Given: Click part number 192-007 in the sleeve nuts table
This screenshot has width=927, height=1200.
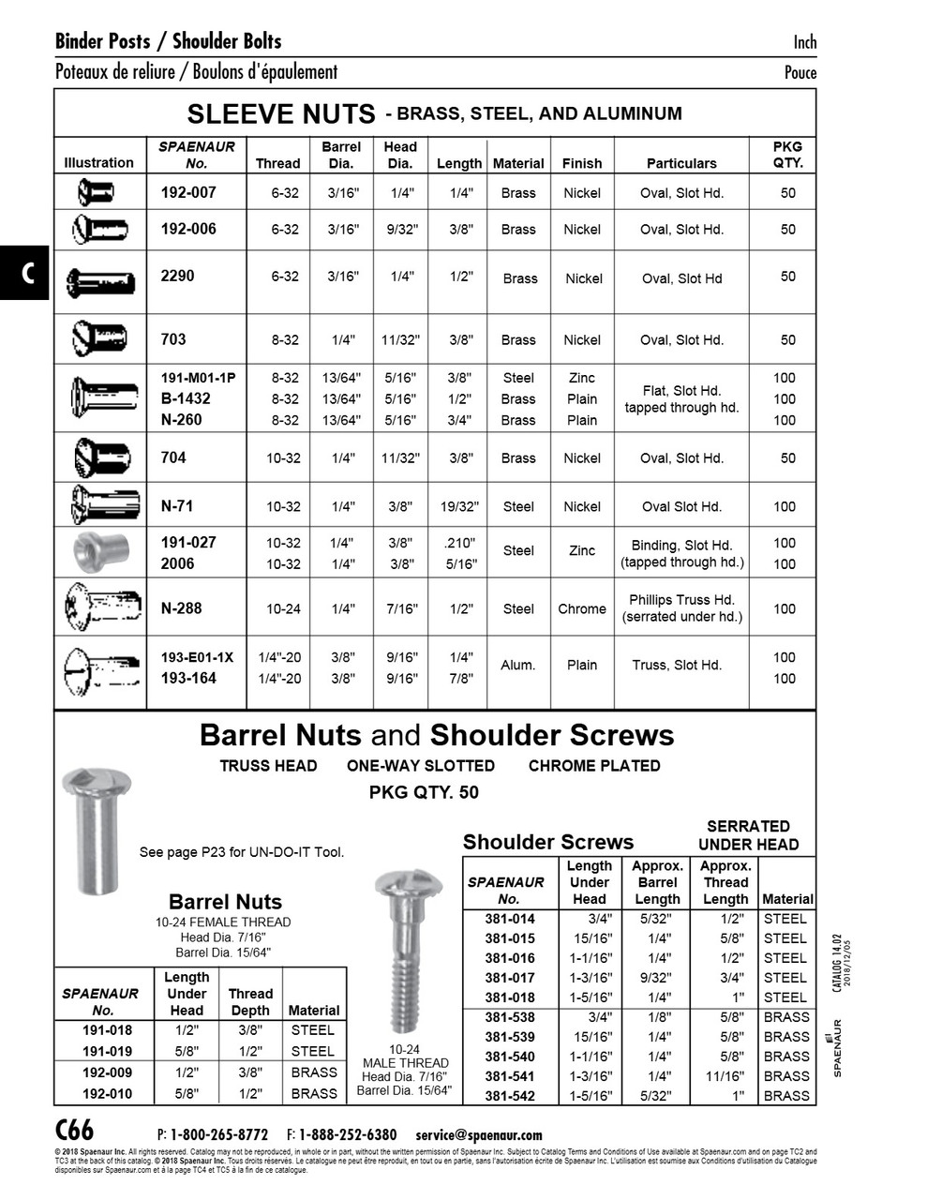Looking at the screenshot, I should [188, 192].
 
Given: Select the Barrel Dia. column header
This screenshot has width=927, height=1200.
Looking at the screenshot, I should [341, 155].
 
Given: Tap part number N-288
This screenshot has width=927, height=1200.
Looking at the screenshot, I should [182, 607].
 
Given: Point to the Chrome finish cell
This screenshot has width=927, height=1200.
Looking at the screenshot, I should [582, 608].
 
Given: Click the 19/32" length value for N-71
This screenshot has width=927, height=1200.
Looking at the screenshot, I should [459, 506].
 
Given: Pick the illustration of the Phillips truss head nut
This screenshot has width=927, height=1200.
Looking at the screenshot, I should [101, 607].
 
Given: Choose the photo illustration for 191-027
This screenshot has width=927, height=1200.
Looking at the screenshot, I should [100, 551].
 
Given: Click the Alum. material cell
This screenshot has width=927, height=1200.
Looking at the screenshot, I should [518, 665].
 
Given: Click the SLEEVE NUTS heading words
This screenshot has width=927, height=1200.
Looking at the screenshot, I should [281, 114].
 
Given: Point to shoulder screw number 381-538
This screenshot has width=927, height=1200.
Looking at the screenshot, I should [510, 1017].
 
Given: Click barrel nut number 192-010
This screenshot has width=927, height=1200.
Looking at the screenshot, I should [107, 1093].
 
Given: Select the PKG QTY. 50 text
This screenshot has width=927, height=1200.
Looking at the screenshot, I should [424, 792].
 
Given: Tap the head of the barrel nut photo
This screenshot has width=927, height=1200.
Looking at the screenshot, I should [96, 782].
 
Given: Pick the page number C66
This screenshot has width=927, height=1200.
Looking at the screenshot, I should [75, 1131].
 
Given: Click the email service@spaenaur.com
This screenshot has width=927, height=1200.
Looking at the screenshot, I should [478, 1134].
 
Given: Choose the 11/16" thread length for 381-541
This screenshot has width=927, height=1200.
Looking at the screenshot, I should [725, 1076].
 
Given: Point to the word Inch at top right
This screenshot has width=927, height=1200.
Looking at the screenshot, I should [804, 41].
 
